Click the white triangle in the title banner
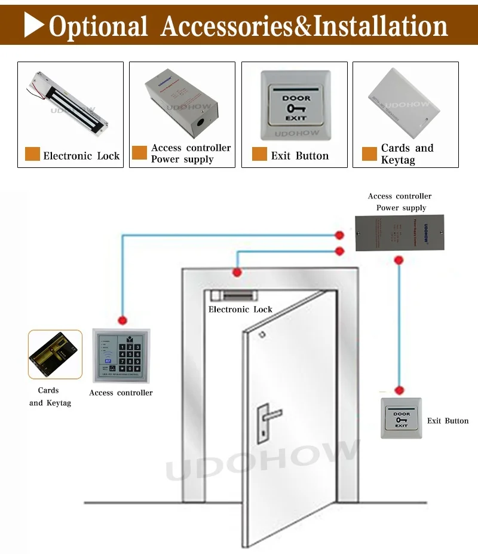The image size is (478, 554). [35, 25]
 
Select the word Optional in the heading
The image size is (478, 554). [98, 27]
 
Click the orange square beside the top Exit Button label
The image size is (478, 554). [259, 154]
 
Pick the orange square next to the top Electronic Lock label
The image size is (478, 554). [32, 154]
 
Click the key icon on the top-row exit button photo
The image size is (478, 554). [296, 109]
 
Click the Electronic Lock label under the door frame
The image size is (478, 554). [240, 310]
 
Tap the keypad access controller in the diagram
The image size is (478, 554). [121, 356]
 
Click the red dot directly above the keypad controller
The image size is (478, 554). [122, 320]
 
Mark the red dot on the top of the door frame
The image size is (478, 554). [237, 273]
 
